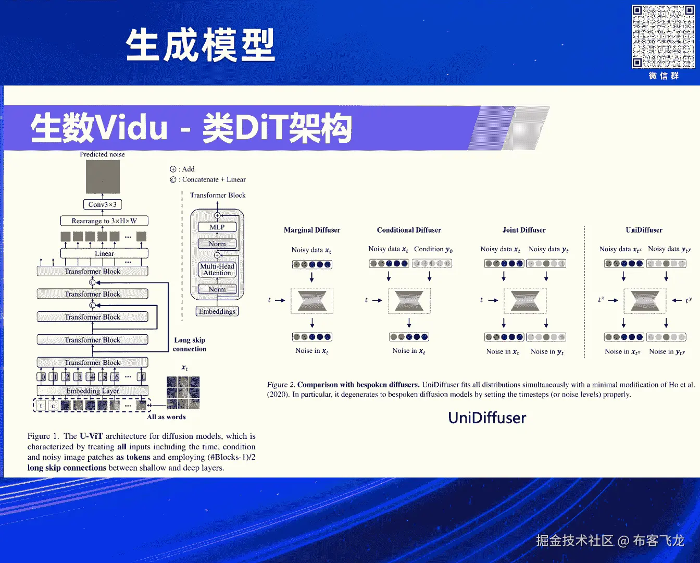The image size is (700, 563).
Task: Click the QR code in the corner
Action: pyautogui.click(x=663, y=36)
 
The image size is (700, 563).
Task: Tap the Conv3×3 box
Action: pyautogui.click(x=103, y=204)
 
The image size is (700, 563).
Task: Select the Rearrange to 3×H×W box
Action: pyautogui.click(x=104, y=221)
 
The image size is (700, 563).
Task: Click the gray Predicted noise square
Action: pyautogui.click(x=103, y=177)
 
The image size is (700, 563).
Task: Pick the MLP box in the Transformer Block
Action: pyautogui.click(x=217, y=227)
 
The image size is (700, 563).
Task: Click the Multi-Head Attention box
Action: pyautogui.click(x=217, y=270)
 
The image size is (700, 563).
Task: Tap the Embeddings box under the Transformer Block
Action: pyautogui.click(x=217, y=311)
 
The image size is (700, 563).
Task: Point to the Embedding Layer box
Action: pyautogui.click(x=93, y=390)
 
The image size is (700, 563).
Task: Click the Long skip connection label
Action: pyautogui.click(x=190, y=345)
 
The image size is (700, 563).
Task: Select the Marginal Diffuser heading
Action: pyautogui.click(x=312, y=230)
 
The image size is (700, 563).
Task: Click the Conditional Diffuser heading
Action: pyautogui.click(x=409, y=230)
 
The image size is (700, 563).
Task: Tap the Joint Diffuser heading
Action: pyautogui.click(x=524, y=230)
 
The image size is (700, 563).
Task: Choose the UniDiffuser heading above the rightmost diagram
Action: pyautogui.click(x=644, y=230)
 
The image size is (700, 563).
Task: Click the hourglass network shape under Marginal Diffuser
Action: pyautogui.click(x=312, y=301)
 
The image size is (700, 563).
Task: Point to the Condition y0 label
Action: pyautogui.click(x=433, y=249)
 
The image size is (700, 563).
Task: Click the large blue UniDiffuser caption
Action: pyautogui.click(x=487, y=418)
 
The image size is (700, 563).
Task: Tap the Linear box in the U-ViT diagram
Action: pyautogui.click(x=104, y=253)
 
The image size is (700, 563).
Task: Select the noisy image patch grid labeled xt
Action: pyautogui.click(x=183, y=393)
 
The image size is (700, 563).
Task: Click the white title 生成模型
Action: pyautogui.click(x=201, y=45)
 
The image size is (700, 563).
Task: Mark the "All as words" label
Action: pyautogui.click(x=166, y=417)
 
